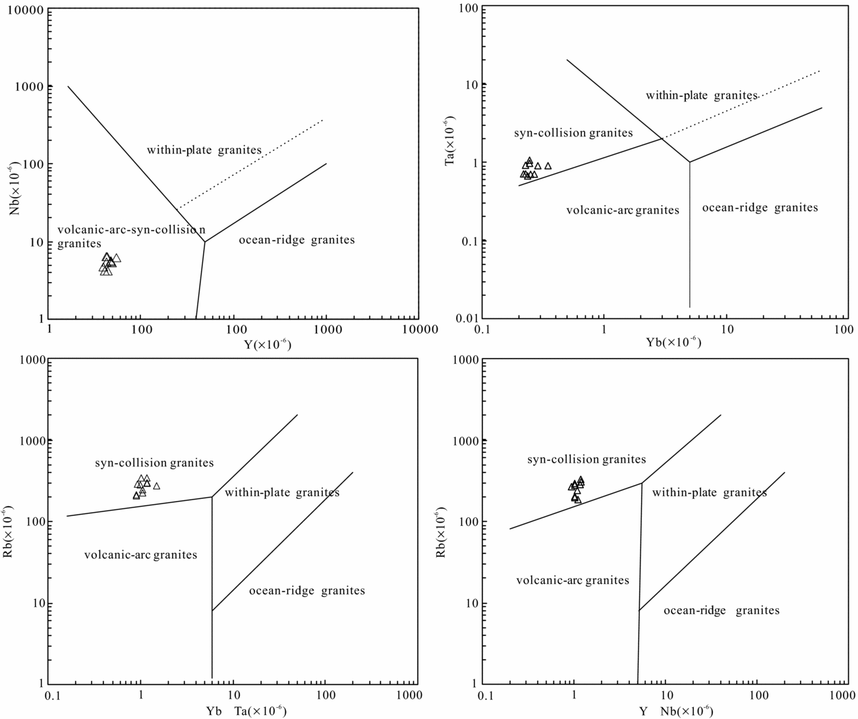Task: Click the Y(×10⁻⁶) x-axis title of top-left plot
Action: [x=263, y=345]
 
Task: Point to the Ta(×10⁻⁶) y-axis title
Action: [x=450, y=140]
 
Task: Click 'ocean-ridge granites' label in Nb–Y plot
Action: [x=297, y=240]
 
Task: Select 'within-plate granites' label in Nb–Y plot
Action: [x=204, y=150]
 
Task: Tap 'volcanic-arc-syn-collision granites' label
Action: [x=131, y=236]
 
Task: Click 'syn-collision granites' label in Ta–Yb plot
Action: [x=573, y=133]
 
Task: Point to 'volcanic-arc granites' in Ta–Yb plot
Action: [x=623, y=210]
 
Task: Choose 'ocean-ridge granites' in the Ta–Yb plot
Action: [x=760, y=208]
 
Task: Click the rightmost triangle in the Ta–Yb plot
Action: [x=548, y=166]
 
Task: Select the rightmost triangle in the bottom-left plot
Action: [x=156, y=486]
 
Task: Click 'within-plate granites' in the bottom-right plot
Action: [x=709, y=493]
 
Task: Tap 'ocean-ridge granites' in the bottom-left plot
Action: [x=306, y=590]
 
